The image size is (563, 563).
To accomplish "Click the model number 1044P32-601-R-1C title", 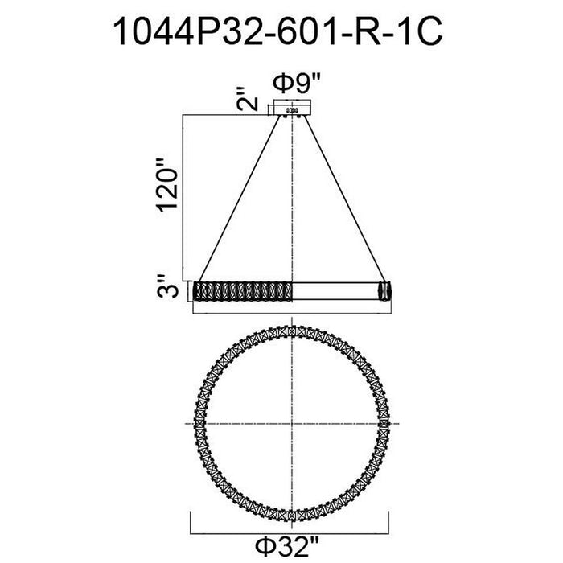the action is coord(277,31).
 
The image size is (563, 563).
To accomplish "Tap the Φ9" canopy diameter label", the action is coord(296,84).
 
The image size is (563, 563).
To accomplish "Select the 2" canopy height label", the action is coord(247,99).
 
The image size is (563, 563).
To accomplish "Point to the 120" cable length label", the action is coord(167,185).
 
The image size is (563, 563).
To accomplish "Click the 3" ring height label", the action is coord(167,286).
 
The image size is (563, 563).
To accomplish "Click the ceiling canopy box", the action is coord(292,107).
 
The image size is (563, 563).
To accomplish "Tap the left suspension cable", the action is coord(240,198).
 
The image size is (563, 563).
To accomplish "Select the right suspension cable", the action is coord(345,198).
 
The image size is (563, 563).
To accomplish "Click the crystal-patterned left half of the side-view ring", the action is coord(242,291).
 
